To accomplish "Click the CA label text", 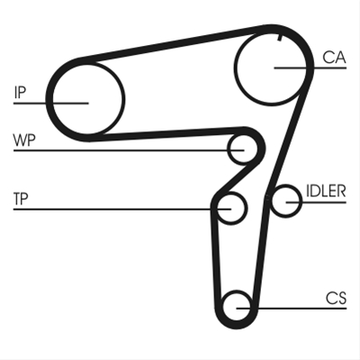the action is pyautogui.click(x=334, y=58).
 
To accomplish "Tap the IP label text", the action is pyautogui.click(x=20, y=93).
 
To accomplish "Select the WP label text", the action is pyautogui.click(x=24, y=140).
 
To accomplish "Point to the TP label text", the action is pyautogui.click(x=21, y=199).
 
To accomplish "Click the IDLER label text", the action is pyautogui.click(x=326, y=191).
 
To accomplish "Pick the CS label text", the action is pyautogui.click(x=337, y=298).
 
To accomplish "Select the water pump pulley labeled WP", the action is pyautogui.click(x=229, y=149).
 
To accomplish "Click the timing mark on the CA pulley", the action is pyautogui.click(x=280, y=37).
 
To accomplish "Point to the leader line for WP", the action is pyautogui.click(x=129, y=150).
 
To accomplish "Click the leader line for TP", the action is pyautogui.click(x=122, y=209).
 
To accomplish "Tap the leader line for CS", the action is pyautogui.click(x=292, y=308).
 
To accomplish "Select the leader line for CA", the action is pyautogui.click(x=310, y=68).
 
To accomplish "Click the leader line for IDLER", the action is pyautogui.click(x=316, y=202).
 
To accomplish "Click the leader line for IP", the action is pyautogui.click(x=51, y=103).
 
